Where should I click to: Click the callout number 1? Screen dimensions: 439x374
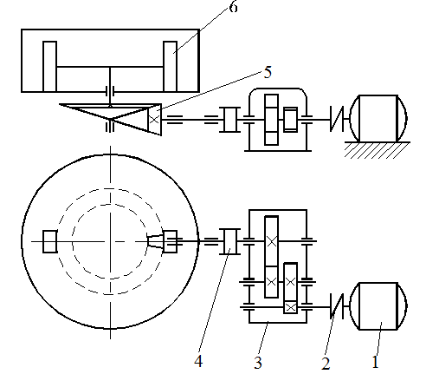coord(375,362)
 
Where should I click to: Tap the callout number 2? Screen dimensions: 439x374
coord(326,364)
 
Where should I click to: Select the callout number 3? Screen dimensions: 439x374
coord(258,363)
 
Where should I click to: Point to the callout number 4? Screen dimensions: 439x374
coord(198,361)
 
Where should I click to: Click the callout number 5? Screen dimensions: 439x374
coord(268,72)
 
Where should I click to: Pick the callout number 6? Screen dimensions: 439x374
coord(234,6)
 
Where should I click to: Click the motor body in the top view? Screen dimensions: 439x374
coord(378,118)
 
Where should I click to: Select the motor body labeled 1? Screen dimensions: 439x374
coord(378,305)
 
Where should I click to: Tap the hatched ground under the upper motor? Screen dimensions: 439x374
coord(378,150)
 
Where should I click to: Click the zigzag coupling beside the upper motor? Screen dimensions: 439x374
coord(337,119)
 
